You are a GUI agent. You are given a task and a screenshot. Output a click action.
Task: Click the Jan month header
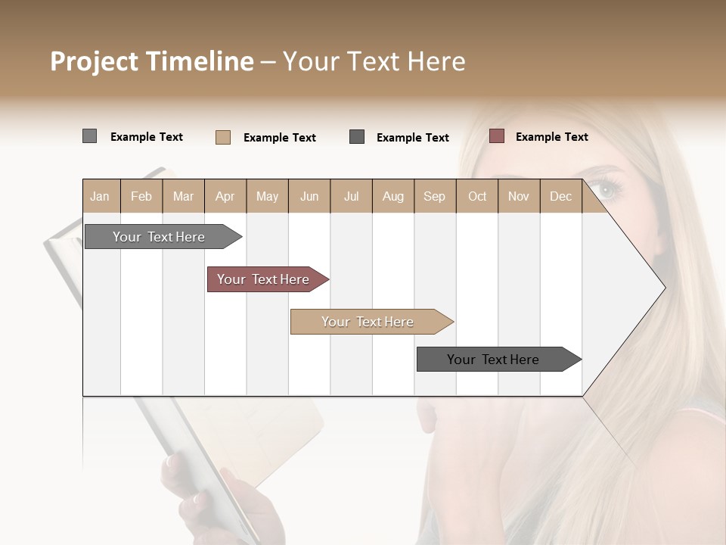click(x=100, y=196)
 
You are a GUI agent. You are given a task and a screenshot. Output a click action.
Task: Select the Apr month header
click(x=225, y=196)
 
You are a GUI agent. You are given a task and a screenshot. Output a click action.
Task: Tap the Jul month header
click(x=351, y=196)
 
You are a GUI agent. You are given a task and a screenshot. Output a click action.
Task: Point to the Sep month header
click(x=434, y=196)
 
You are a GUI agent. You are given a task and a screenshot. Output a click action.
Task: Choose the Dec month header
click(x=560, y=196)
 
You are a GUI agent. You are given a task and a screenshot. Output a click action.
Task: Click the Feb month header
click(x=141, y=196)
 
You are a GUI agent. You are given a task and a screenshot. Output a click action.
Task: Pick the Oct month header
click(x=477, y=196)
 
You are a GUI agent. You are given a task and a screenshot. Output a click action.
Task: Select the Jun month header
click(x=309, y=196)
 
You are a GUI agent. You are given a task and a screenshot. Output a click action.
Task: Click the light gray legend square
click(x=89, y=136)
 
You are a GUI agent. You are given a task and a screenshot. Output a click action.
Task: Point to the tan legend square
click(x=222, y=137)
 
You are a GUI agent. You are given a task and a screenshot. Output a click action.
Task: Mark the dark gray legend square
click(x=357, y=136)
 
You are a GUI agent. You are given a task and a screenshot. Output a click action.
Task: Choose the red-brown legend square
click(x=496, y=136)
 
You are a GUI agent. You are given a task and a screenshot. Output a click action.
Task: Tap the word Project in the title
click(x=94, y=61)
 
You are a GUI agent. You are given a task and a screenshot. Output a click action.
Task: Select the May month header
click(x=267, y=196)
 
